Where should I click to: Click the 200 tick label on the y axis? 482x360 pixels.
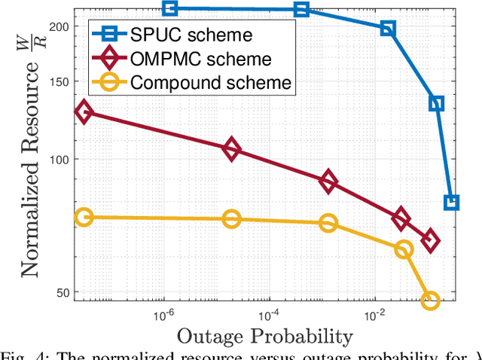59,26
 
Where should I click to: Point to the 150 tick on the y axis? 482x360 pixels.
59,82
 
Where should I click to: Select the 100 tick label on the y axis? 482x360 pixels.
59,160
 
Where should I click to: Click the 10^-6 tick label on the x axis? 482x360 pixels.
164,313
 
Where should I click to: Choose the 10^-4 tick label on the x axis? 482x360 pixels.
269,313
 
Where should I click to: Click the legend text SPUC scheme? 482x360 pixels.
191,35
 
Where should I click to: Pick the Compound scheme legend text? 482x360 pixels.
210,83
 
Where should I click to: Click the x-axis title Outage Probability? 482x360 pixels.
264,336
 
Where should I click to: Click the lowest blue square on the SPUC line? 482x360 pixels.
452,202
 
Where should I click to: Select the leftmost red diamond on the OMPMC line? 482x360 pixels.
84,112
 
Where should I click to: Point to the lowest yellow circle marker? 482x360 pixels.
430,301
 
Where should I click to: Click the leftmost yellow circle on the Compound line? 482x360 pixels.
84,217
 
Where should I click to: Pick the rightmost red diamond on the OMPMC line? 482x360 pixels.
430,241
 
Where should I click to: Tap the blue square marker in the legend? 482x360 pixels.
108,35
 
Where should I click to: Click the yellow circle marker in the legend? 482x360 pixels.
108,83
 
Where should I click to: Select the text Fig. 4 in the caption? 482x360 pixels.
20,355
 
